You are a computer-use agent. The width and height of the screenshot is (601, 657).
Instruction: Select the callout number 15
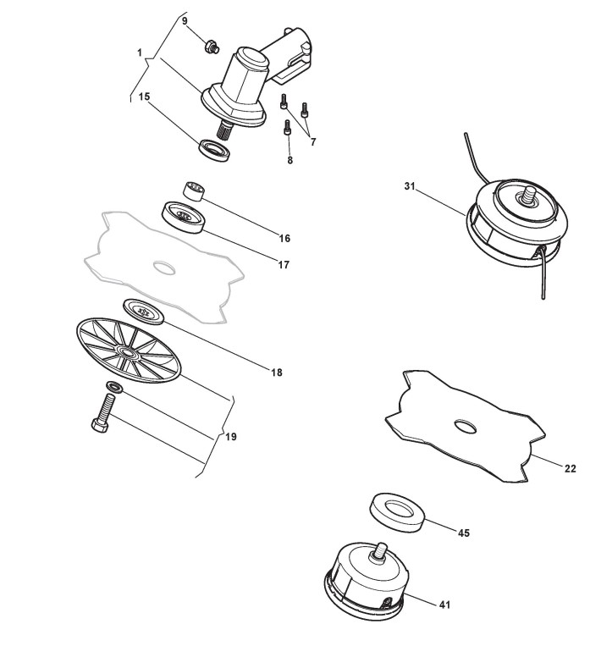coord(145,97)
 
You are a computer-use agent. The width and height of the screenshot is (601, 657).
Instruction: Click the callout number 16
coord(284,238)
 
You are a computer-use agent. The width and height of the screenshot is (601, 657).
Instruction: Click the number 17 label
coord(284,265)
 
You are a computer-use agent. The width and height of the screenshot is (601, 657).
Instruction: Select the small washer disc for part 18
coord(143,310)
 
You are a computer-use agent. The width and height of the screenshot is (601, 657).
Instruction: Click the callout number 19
coord(231,437)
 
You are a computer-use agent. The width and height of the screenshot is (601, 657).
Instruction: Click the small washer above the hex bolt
coord(113,388)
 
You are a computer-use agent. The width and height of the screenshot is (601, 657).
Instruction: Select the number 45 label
coord(463,533)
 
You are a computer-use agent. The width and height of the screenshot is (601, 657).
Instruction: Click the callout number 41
coord(445,605)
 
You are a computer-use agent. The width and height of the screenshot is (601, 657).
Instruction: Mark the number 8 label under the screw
coord(289,159)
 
